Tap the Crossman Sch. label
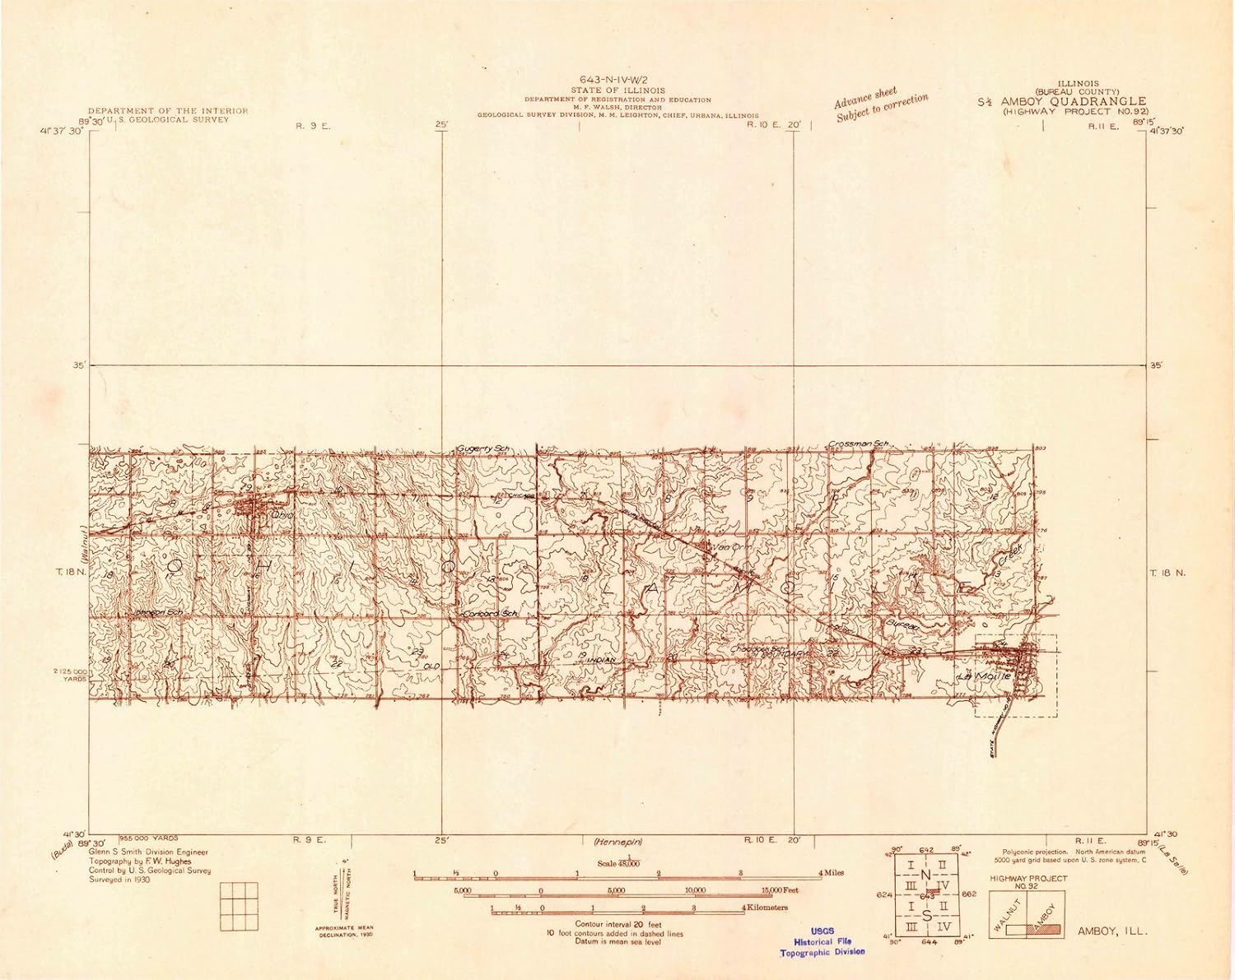860,444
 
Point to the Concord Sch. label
491,614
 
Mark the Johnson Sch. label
158,613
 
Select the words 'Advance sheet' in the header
864,98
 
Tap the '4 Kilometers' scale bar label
766,908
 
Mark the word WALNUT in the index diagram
1007,915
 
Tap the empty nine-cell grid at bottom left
239,906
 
